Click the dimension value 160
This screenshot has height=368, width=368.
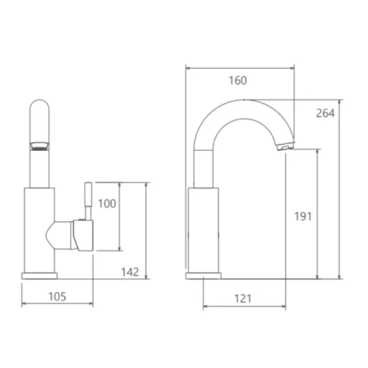pos(238,80)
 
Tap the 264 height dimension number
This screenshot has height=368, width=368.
pos(325,113)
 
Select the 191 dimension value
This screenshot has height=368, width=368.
pos(303,217)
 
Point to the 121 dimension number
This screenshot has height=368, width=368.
pos(243,299)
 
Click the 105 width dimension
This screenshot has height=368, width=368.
pos(57,296)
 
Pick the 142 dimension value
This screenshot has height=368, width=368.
pos(130,272)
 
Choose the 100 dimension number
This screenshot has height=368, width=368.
pos(107,204)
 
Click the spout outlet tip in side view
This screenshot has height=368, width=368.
pos(286,147)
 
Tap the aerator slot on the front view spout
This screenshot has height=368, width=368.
pos(39,147)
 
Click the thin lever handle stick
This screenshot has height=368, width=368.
pos(88,201)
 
